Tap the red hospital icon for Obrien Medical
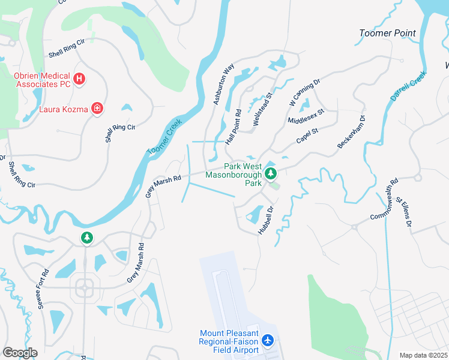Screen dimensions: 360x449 (79, 78)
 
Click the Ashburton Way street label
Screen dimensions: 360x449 (221, 86)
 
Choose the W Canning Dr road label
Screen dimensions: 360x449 (305, 91)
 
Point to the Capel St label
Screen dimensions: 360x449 (307, 136)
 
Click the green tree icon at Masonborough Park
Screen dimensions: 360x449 (271, 173)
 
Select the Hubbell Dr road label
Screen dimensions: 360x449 (265, 221)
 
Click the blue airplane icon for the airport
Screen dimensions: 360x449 (268, 341)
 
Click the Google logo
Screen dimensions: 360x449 (20, 352)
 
